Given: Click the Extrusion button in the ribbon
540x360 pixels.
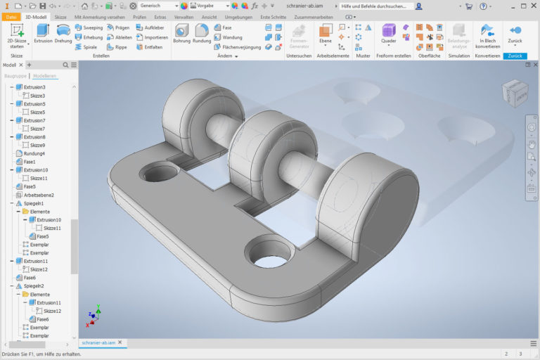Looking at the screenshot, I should pos(43,33).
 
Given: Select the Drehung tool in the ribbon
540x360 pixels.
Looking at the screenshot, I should pos(63,33).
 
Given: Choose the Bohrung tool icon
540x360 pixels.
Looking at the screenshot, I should pos(181,33).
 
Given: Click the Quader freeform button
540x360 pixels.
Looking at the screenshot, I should pos(388,33).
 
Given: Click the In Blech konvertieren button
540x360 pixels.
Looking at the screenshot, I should pos(487,33).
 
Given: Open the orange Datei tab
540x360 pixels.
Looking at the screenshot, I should pos(11,16).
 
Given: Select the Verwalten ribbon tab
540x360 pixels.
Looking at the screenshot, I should pos(183,16).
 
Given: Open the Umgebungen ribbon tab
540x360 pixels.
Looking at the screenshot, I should pos(238,16).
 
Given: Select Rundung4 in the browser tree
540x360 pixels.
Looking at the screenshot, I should pos(34,153).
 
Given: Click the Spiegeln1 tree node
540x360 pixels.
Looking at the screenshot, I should pos(34,203).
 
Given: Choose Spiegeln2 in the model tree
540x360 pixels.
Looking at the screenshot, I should pos(34,286).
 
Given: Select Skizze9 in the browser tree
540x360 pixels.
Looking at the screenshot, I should pos(37,145).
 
